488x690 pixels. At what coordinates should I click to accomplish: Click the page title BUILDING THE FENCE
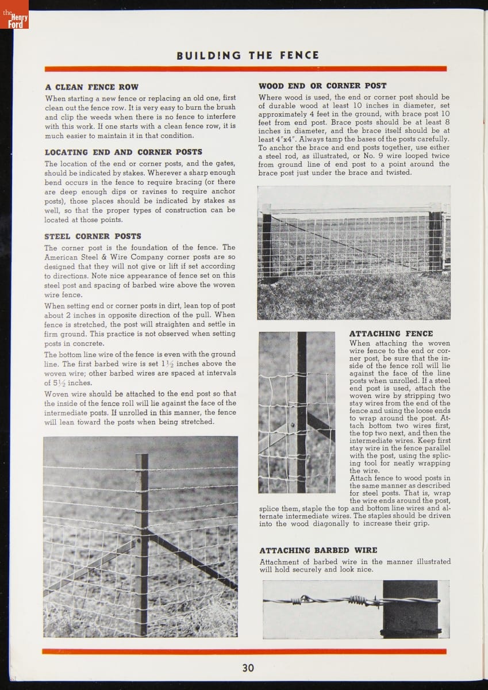pyautogui.click(x=247, y=56)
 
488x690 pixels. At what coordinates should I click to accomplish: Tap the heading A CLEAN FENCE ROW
pyautogui.click(x=91, y=87)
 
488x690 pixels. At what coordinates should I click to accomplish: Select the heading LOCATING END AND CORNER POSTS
pyautogui.click(x=123, y=152)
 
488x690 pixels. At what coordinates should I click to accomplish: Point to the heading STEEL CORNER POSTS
pyautogui.click(x=93, y=236)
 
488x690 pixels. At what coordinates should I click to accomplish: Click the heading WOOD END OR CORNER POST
pyautogui.click(x=322, y=86)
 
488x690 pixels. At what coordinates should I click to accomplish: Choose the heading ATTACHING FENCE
pyautogui.click(x=391, y=333)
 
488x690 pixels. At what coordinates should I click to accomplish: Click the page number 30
pyautogui.click(x=248, y=668)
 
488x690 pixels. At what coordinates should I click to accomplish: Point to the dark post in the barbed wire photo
pyautogui.click(x=410, y=608)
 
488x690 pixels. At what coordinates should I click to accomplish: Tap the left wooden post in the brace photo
pyautogui.click(x=267, y=241)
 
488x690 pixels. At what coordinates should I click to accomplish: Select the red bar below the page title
pyautogui.click(x=245, y=69)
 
